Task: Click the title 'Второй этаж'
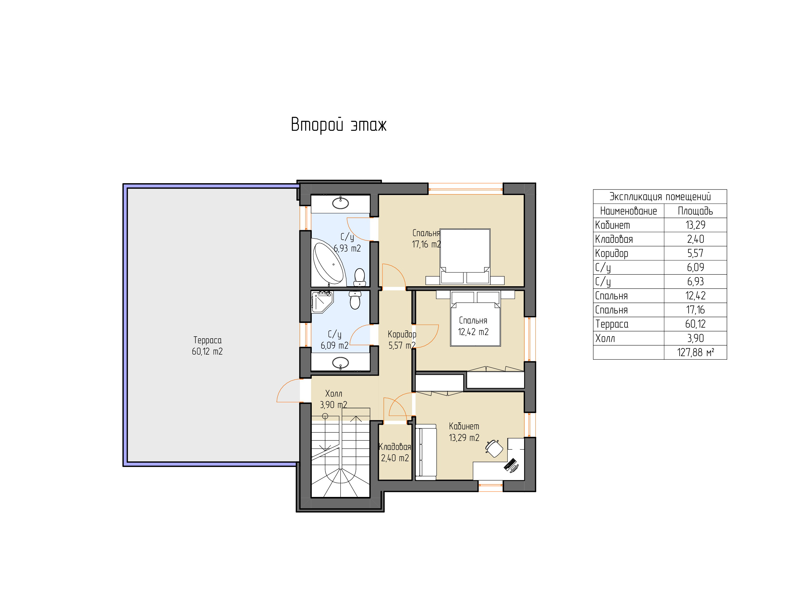point(339,125)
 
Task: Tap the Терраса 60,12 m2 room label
point(207,346)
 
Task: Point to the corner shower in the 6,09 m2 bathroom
point(322,302)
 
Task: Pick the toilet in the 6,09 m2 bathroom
point(355,300)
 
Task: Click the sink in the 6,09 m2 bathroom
point(341,362)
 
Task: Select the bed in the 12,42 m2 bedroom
point(475,318)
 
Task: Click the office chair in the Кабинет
point(494,448)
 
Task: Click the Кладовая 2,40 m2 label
point(395,452)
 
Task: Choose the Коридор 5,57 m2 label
point(402,340)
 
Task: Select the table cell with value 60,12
point(696,324)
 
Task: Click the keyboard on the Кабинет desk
point(510,464)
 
